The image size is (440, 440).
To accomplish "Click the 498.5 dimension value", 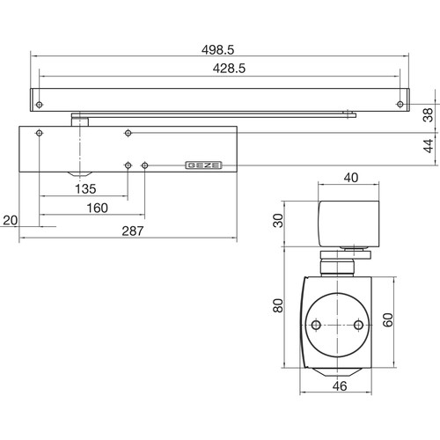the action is tap(217, 50).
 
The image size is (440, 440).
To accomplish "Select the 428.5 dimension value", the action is tap(229, 69).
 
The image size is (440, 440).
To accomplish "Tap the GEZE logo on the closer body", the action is tap(203, 165).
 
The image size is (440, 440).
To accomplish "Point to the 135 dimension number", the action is tap(85, 189).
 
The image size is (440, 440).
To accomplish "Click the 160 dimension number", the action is tap(98, 208).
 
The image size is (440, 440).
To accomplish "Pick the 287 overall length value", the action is tap(133, 231).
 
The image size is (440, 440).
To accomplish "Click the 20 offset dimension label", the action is tap(11, 220).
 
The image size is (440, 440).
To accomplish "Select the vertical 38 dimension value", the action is tap(428, 115).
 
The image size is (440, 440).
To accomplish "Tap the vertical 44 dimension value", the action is tap(428, 146).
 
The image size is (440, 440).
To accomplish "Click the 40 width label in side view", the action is tap(351, 178).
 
